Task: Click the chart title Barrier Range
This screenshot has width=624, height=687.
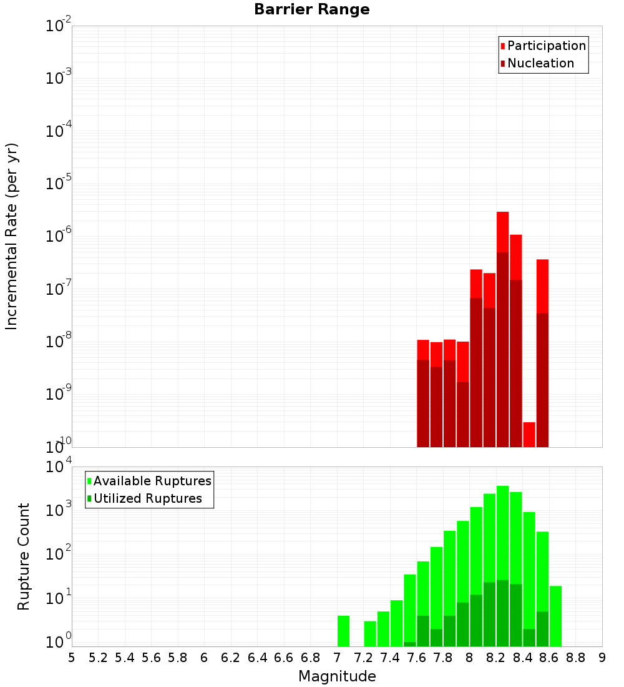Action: pyautogui.click(x=311, y=9)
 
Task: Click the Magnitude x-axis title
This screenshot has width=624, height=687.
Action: pyautogui.click(x=337, y=676)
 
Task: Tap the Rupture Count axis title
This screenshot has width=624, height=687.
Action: pyautogui.click(x=24, y=556)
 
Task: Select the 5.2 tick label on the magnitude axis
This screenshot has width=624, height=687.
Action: pyautogui.click(x=98, y=658)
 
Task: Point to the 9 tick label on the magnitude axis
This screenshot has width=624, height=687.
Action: pyautogui.click(x=602, y=658)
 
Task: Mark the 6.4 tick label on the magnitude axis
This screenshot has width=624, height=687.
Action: pyautogui.click(x=257, y=658)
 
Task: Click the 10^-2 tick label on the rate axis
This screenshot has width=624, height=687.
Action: pyautogui.click(x=59, y=26)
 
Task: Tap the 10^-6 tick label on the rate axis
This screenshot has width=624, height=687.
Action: pyautogui.click(x=59, y=237)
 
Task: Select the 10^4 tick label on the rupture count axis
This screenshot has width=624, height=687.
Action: pyautogui.click(x=59, y=467)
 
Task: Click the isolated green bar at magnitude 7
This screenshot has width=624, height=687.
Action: pyautogui.click(x=343, y=631)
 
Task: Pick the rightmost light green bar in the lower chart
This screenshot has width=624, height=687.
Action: pyautogui.click(x=555, y=616)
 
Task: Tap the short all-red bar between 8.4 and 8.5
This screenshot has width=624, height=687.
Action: pyautogui.click(x=529, y=435)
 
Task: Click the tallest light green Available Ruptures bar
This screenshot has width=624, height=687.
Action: pyautogui.click(x=503, y=531)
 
